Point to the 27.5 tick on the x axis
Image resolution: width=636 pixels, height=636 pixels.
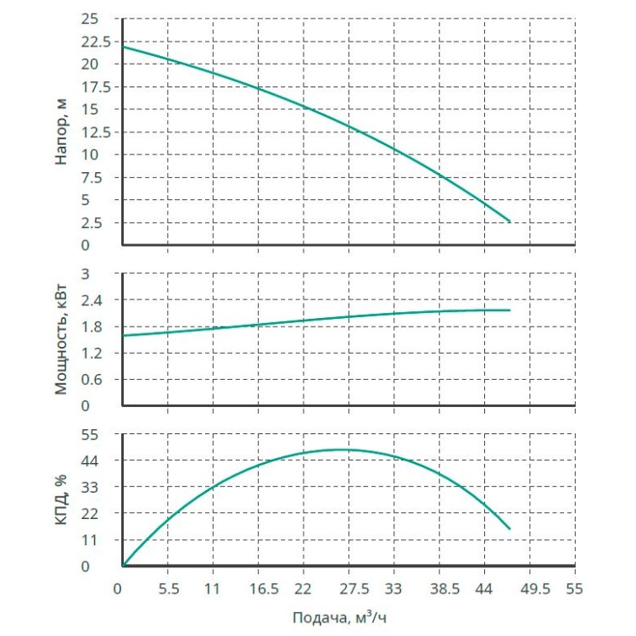(x=349, y=586)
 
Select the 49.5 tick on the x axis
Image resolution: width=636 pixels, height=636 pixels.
(x=529, y=586)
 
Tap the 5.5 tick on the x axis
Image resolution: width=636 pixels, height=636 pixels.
(x=168, y=586)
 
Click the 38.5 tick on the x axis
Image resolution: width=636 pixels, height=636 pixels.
(x=438, y=586)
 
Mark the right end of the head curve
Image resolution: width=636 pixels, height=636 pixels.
(x=510, y=222)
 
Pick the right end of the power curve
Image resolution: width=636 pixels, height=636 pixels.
(x=510, y=310)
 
